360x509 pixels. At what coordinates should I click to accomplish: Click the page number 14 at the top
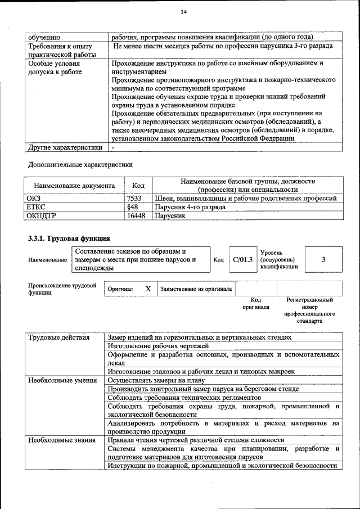[183, 12]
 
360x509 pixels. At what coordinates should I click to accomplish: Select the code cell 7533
[134, 198]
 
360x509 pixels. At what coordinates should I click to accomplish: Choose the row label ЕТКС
[36, 206]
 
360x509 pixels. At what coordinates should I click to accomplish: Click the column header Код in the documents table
[138, 186]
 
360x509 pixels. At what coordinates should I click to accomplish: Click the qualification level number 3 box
[323, 259]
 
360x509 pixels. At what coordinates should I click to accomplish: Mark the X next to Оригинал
[148, 289]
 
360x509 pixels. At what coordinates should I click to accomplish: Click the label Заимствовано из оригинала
[196, 289]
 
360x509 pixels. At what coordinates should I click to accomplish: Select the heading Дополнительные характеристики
[80, 165]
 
